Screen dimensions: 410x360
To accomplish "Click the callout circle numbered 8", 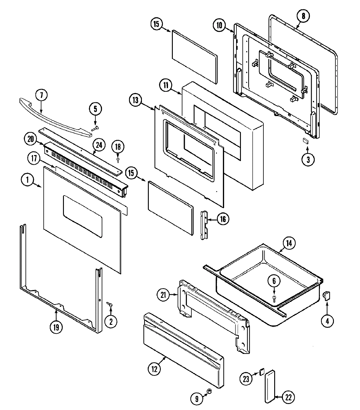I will (x=303, y=16).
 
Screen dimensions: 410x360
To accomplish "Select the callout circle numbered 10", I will (x=219, y=25).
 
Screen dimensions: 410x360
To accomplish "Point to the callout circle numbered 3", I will (x=308, y=159).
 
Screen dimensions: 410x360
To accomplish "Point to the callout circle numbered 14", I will (x=289, y=243).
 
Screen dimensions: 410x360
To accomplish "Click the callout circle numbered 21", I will (x=163, y=295).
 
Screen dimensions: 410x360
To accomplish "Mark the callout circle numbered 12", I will (x=154, y=369).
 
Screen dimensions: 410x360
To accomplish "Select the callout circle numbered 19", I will (x=56, y=327).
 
